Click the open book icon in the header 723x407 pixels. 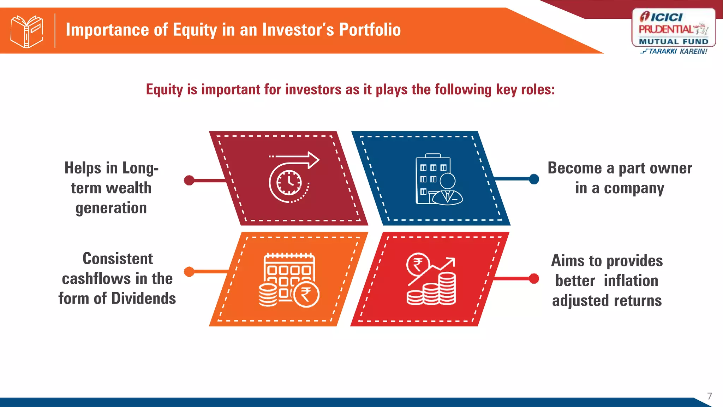(x=27, y=31)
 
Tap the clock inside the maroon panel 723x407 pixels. (x=289, y=183)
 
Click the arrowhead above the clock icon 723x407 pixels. (x=313, y=160)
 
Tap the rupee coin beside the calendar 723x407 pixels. (x=306, y=295)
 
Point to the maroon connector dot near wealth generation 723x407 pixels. (x=189, y=180)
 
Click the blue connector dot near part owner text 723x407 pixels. (x=534, y=179)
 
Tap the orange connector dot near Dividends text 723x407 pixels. (x=189, y=272)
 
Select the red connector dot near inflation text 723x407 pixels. (x=534, y=279)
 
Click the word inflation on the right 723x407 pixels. (x=631, y=281)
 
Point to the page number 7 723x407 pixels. (x=709, y=396)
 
